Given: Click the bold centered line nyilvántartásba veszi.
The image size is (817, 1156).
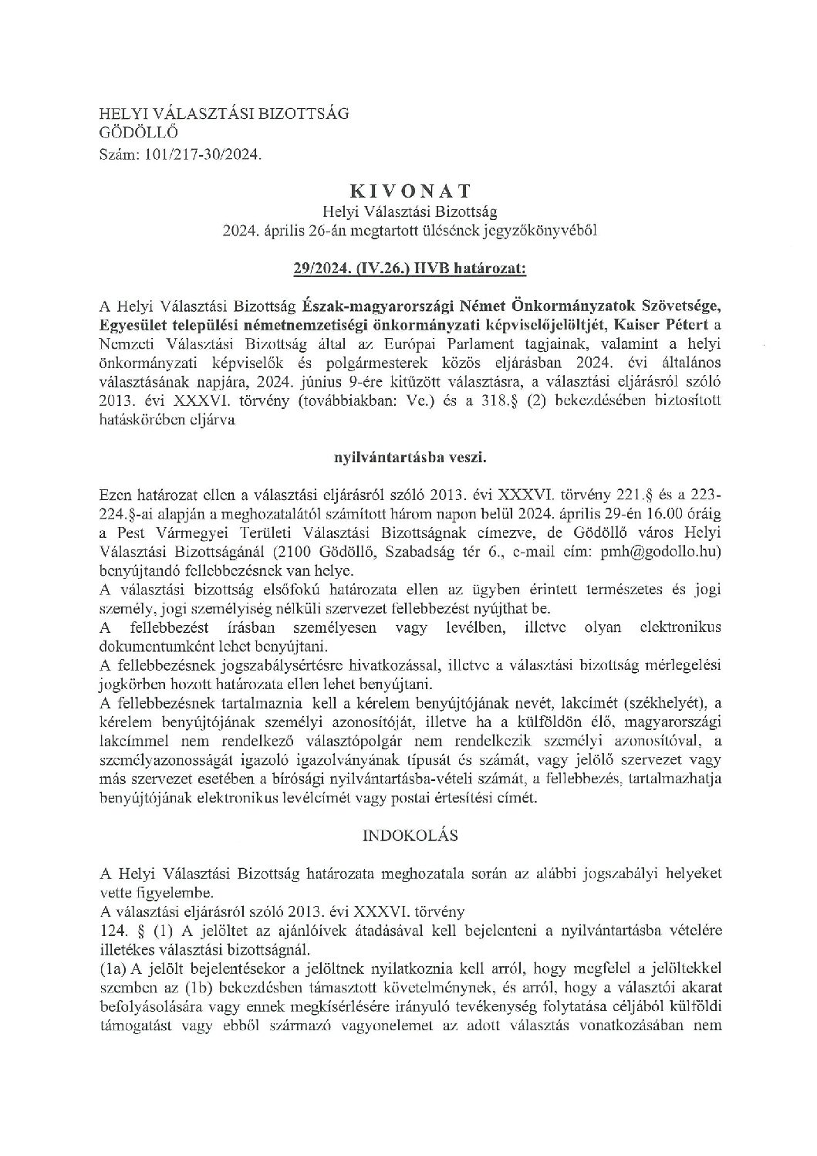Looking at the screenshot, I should coord(408,457).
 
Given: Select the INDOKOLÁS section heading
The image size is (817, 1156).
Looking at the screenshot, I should coord(408,835).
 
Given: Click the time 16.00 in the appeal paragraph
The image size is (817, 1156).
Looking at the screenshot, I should coord(651,514).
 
